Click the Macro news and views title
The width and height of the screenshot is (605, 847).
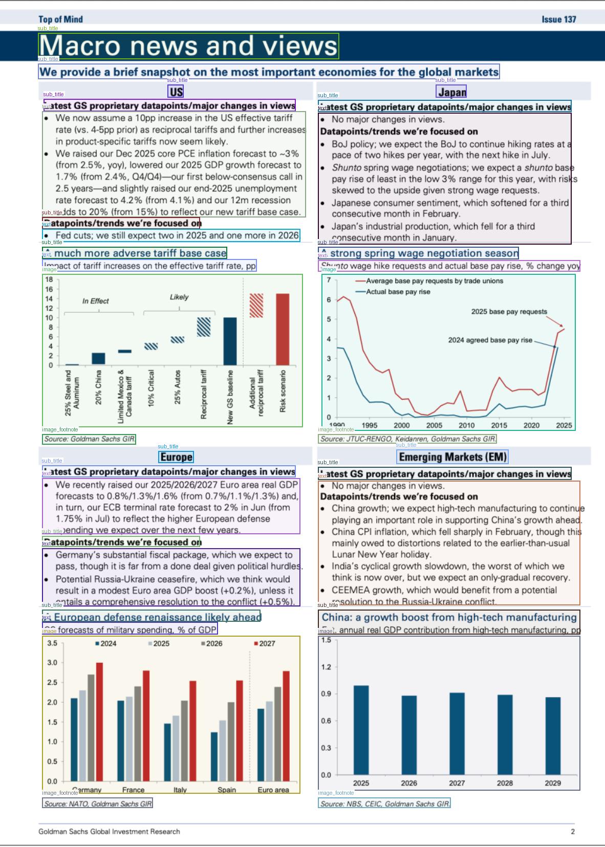click(188, 46)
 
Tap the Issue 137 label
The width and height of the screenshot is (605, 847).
click(558, 19)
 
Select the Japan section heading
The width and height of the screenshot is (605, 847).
click(451, 92)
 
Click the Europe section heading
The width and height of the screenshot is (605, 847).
click(176, 457)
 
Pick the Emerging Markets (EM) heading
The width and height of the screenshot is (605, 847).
click(452, 457)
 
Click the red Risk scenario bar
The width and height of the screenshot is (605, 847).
click(283, 329)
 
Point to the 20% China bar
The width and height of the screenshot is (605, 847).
click(98, 358)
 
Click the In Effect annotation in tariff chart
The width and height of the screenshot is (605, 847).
click(96, 301)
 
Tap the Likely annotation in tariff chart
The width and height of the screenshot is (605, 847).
click(179, 297)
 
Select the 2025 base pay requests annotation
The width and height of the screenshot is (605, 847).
click(509, 312)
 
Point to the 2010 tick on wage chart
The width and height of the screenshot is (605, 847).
click(466, 425)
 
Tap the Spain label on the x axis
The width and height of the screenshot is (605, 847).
click(227, 790)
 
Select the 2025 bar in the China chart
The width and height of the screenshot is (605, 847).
click(361, 729)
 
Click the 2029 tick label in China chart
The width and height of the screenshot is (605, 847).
click(553, 783)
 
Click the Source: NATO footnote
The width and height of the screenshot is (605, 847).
click(98, 804)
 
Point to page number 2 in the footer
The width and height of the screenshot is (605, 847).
click(573, 832)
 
